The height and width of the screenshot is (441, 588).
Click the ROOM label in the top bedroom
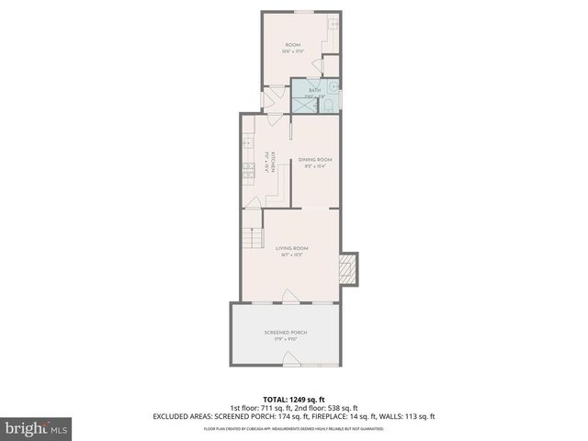[292, 44]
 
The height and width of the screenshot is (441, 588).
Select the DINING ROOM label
[313, 160]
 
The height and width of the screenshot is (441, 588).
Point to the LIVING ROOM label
[292, 248]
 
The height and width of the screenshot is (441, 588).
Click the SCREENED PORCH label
[286, 332]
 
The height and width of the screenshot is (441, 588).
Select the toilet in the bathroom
[328, 106]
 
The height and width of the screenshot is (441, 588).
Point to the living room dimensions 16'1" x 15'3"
[292, 254]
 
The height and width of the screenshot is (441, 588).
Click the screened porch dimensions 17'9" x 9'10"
[286, 339]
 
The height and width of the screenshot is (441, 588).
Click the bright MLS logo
[36, 427]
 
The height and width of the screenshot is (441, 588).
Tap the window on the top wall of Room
[300, 12]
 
